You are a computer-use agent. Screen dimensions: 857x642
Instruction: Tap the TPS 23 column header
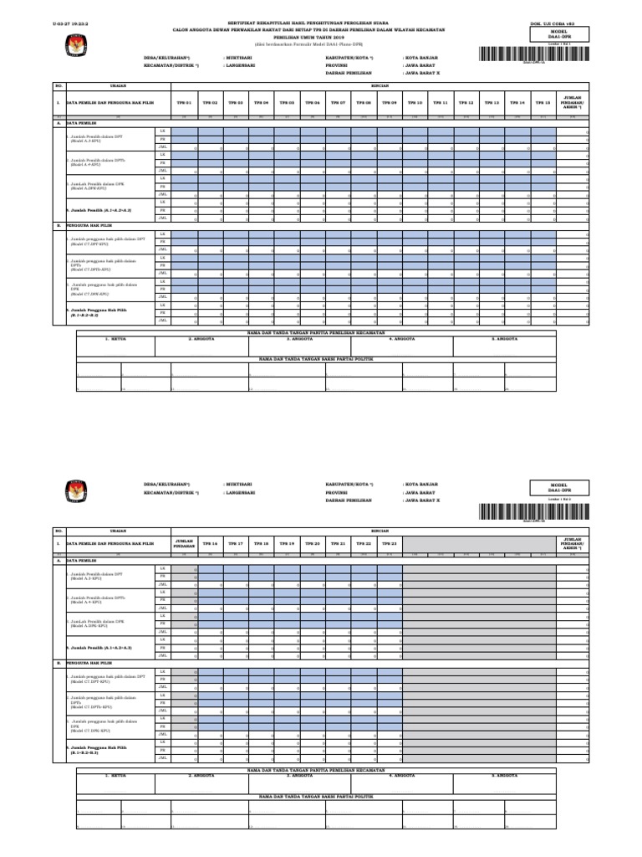click(389, 543)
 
